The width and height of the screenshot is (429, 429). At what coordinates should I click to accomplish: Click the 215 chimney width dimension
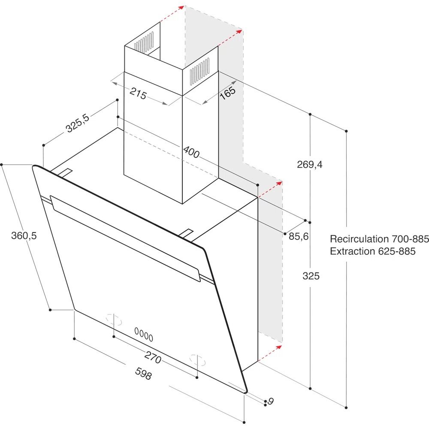138,94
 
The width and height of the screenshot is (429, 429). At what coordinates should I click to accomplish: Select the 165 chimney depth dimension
227,94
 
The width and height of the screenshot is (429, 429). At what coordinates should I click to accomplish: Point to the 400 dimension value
191,152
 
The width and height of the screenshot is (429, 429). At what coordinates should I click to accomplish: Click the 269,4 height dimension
310,164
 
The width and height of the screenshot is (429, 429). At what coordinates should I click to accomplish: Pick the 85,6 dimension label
299,236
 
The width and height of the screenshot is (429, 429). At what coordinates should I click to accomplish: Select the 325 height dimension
311,276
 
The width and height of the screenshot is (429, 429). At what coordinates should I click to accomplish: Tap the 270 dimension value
153,357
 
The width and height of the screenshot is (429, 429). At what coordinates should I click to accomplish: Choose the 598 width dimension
143,374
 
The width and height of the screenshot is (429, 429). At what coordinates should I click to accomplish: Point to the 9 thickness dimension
270,402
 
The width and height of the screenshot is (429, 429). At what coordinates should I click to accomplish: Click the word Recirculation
359,239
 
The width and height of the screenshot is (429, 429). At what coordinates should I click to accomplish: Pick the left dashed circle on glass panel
114,320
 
